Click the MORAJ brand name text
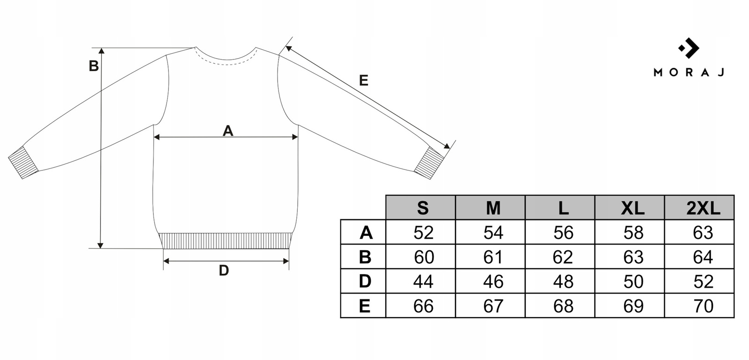[689, 72]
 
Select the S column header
[422, 208]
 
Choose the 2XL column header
[703, 208]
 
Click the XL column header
[632, 208]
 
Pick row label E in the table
[365, 306]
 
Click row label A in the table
[366, 233]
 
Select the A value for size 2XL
[703, 233]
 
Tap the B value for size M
[493, 257]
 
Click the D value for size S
[423, 282]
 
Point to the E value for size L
[563, 306]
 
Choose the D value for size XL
[633, 282]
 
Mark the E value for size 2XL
[703, 306]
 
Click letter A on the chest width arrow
[228, 131]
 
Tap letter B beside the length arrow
[94, 66]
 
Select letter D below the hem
[224, 270]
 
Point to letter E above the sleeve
[363, 81]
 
